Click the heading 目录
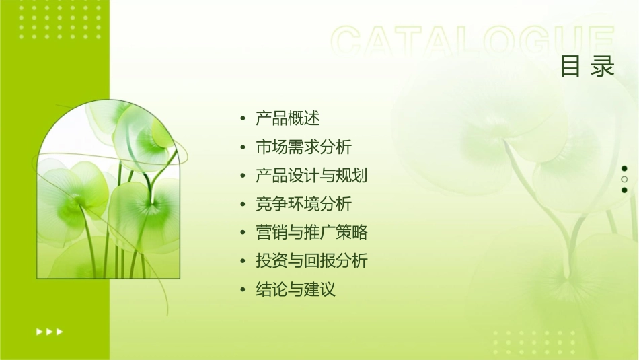point(587,66)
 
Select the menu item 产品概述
point(288,119)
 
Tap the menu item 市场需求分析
point(303,147)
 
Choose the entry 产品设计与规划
point(311,176)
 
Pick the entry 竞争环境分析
point(303,204)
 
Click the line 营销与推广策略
point(311,233)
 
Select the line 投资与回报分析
point(311,261)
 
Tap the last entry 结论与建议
point(295,290)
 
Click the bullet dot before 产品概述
point(243,119)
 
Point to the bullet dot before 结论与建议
point(243,290)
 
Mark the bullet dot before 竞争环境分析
point(243,204)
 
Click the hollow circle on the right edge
point(624,179)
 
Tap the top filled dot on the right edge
point(624,168)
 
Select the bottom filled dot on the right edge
point(624,190)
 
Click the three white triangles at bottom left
point(49,331)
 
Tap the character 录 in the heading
point(603,66)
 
